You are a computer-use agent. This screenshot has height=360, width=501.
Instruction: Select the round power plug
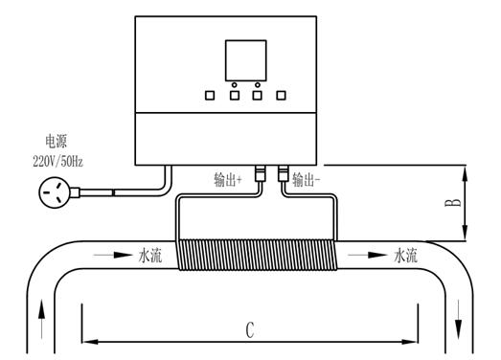pyautogui.click(x=53, y=194)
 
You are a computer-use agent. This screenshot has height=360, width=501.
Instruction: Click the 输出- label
pyautogui.click(x=307, y=179)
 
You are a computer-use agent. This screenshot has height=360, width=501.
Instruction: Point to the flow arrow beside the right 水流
pyautogui.click(x=367, y=256)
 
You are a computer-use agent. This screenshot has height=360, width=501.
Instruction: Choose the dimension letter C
pyautogui.click(x=249, y=330)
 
